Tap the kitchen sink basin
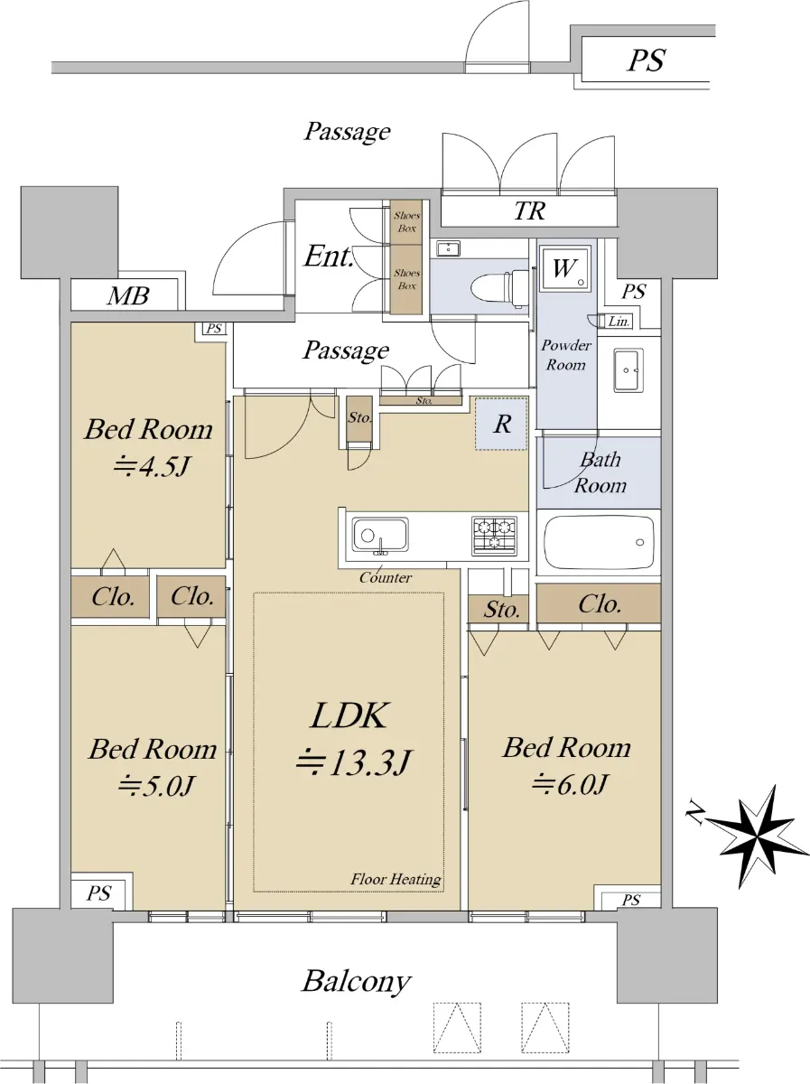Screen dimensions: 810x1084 click(379, 535)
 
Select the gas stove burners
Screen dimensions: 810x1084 click(494, 536)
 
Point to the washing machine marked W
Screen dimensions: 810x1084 click(565, 268)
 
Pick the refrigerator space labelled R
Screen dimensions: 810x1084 click(501, 424)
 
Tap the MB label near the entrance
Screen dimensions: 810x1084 click(128, 295)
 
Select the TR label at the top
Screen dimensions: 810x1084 click(530, 210)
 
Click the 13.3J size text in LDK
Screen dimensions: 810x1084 click(352, 763)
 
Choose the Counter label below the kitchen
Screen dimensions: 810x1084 click(385, 577)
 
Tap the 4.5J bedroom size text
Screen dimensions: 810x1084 click(152, 466)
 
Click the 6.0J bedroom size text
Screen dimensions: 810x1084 click(569, 784)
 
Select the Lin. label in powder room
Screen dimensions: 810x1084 click(619, 322)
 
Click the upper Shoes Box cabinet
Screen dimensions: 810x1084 click(406, 222)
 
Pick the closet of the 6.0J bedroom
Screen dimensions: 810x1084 click(599, 603)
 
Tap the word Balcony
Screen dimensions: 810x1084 click(357, 981)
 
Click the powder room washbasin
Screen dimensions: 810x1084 click(628, 370)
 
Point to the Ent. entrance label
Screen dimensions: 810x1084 click(329, 256)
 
